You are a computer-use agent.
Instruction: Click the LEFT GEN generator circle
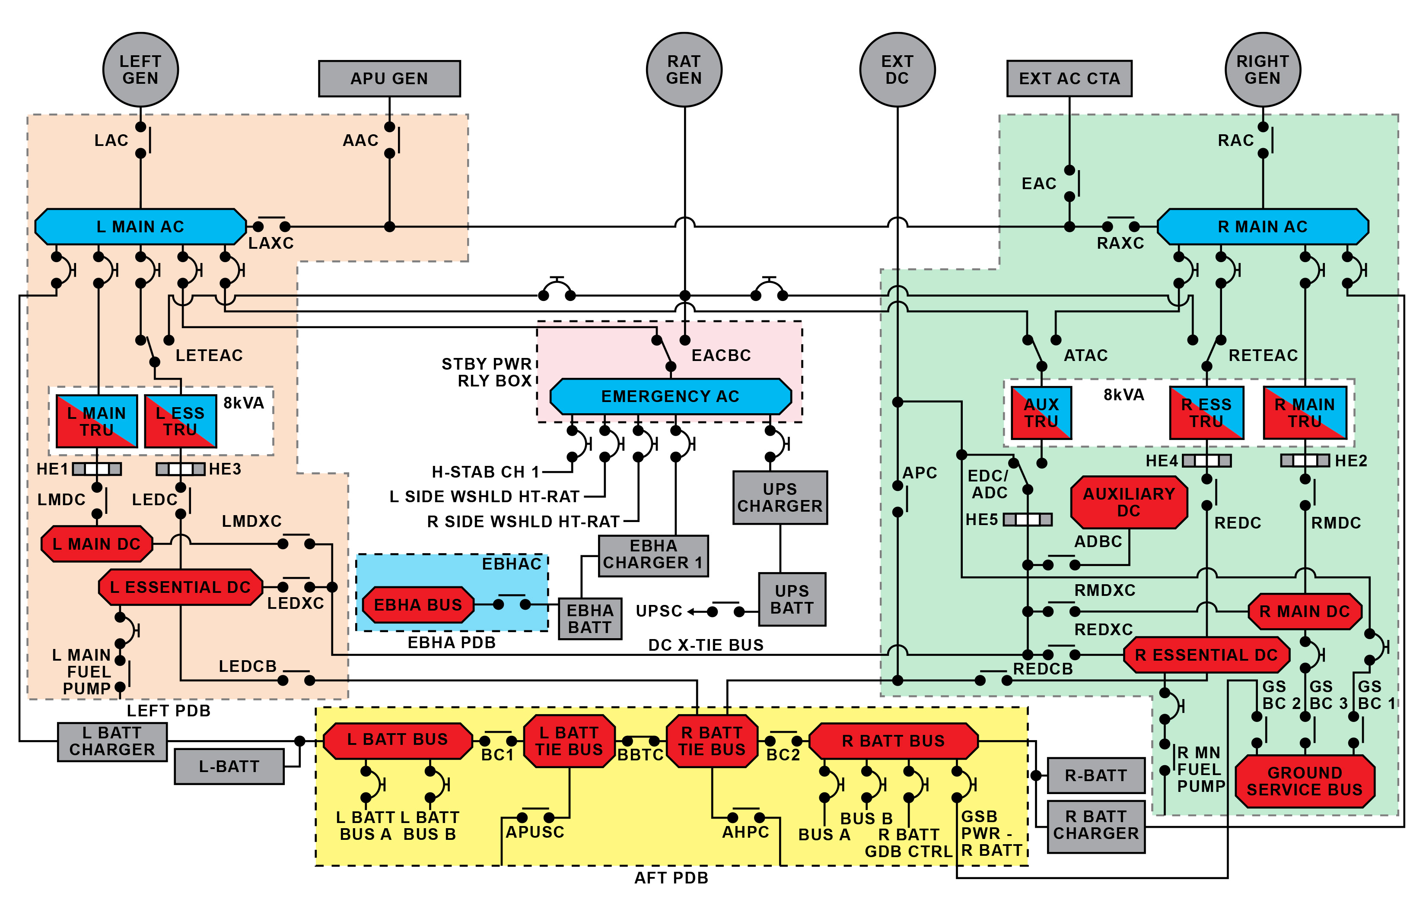tap(140, 70)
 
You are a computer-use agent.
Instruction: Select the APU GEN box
tap(389, 79)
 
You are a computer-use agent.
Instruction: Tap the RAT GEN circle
tap(684, 70)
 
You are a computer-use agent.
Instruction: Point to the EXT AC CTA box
tap(1069, 79)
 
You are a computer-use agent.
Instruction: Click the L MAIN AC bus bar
tap(140, 227)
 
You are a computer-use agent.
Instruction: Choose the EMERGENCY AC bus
tap(670, 396)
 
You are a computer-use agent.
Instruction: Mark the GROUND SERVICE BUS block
tap(1305, 781)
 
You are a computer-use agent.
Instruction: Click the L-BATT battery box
tap(229, 766)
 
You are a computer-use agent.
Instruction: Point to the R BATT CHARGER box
tap(1095, 826)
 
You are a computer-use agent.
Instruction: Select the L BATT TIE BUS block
tap(569, 741)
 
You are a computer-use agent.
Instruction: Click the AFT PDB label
tap(671, 878)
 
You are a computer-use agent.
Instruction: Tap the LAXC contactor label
tap(271, 243)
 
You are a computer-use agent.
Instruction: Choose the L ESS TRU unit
tap(181, 421)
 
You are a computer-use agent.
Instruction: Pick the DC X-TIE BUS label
tap(706, 645)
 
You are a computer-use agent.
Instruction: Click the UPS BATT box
tap(792, 599)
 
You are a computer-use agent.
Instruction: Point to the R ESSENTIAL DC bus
tap(1206, 655)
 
